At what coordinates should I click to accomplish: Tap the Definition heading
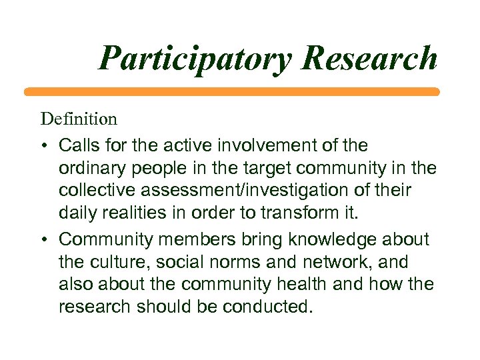pos(79,119)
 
